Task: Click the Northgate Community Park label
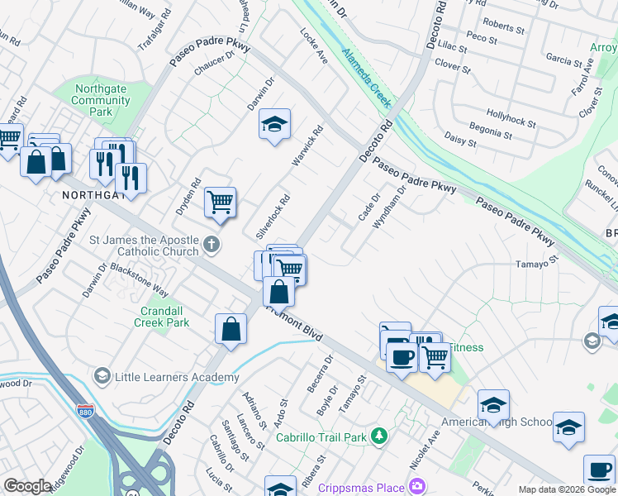[101, 100]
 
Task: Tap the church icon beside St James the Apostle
[212, 244]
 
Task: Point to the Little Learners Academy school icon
[101, 377]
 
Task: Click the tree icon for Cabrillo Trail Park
[378, 435]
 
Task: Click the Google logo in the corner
[27, 486]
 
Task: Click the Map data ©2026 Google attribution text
[567, 489]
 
